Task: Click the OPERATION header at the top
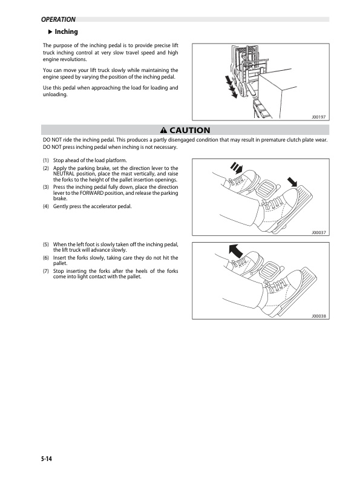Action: (58, 19)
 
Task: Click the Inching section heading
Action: (66, 31)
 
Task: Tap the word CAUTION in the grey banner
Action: (189, 130)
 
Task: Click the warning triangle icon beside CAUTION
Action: (164, 131)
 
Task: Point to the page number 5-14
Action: (47, 459)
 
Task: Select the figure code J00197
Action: (318, 117)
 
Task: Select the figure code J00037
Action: (318, 232)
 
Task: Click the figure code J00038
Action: (318, 316)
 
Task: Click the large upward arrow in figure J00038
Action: (236, 251)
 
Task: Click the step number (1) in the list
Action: (46, 160)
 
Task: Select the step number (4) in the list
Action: (46, 206)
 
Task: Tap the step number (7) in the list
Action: (46, 271)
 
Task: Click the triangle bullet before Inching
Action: (51, 31)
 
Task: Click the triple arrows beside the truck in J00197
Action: (231, 87)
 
